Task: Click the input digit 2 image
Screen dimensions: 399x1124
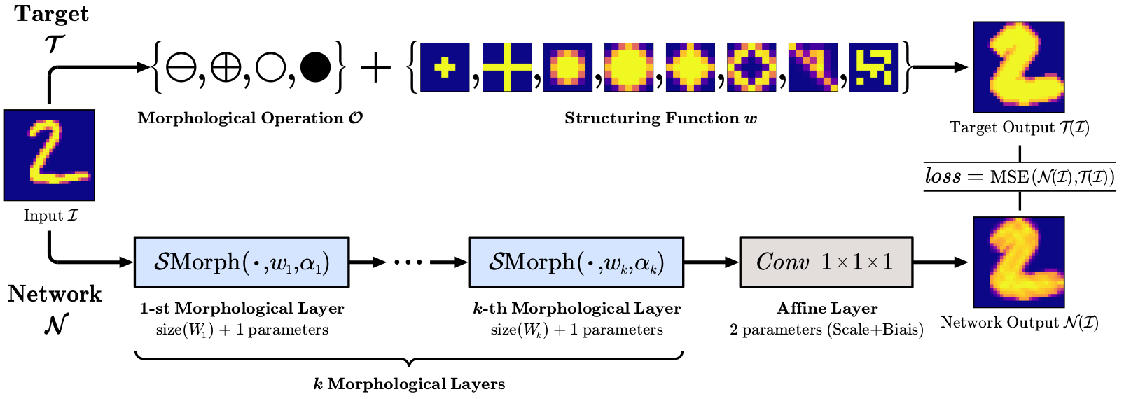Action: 49,155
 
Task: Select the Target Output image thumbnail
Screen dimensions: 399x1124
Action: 1018,67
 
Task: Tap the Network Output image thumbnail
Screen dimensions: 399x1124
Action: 1018,262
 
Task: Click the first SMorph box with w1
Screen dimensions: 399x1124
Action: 241,262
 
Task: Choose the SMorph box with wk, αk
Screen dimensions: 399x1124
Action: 576,262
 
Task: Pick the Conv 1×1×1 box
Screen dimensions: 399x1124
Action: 826,262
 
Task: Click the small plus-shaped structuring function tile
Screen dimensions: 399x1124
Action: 445,67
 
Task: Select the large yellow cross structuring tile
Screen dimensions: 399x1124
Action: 506,67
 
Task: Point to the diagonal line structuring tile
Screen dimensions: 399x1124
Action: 812,67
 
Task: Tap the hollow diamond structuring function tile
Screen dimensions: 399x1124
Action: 751,67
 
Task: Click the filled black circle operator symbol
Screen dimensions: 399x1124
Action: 315,68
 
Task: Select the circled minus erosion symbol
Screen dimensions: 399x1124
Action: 181,68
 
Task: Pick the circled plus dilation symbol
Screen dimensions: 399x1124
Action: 226,68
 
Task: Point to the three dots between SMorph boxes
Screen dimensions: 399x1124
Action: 408,262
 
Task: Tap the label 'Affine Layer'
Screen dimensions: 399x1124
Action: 826,308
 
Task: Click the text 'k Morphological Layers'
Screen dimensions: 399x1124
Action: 409,384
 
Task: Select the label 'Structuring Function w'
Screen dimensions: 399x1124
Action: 660,118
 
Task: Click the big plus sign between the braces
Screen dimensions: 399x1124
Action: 375,68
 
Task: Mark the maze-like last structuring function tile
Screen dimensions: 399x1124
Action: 873,67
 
